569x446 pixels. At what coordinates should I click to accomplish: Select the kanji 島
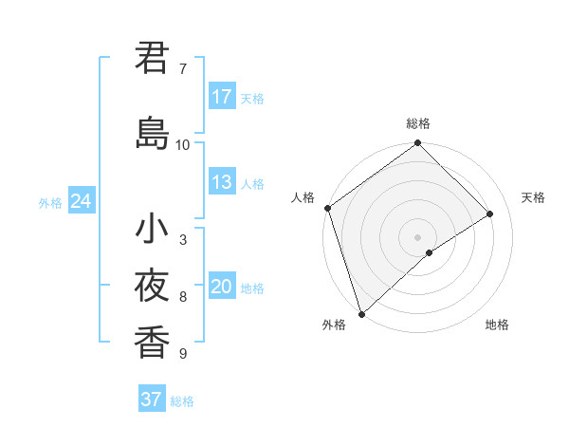pyautogui.click(x=152, y=133)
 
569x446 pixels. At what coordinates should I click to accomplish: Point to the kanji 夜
pyautogui.click(x=152, y=285)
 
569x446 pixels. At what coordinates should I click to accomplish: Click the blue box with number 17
pyautogui.click(x=222, y=97)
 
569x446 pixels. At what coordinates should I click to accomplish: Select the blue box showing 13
pyautogui.click(x=222, y=182)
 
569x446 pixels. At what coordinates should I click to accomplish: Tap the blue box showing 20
pyautogui.click(x=222, y=287)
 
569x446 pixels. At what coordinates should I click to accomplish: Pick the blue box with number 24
pyautogui.click(x=81, y=201)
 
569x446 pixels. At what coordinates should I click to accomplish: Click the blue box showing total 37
pyautogui.click(x=152, y=400)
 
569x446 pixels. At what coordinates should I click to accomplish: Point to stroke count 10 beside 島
pyautogui.click(x=183, y=144)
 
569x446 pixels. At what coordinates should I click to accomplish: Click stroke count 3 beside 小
pyautogui.click(x=183, y=240)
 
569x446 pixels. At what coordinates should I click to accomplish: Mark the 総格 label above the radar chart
pyautogui.click(x=418, y=123)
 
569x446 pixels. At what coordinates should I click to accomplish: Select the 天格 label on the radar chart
pyautogui.click(x=533, y=197)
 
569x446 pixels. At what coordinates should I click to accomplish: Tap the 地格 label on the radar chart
pyautogui.click(x=497, y=325)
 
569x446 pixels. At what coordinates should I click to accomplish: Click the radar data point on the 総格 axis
pyautogui.click(x=418, y=144)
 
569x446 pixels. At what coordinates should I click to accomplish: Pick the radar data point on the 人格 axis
pyautogui.click(x=327, y=208)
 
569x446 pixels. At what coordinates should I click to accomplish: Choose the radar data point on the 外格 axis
pyautogui.click(x=361, y=313)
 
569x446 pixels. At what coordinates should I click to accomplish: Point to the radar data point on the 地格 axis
pyautogui.click(x=430, y=252)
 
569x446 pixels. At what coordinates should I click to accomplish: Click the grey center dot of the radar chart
pyautogui.click(x=418, y=236)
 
